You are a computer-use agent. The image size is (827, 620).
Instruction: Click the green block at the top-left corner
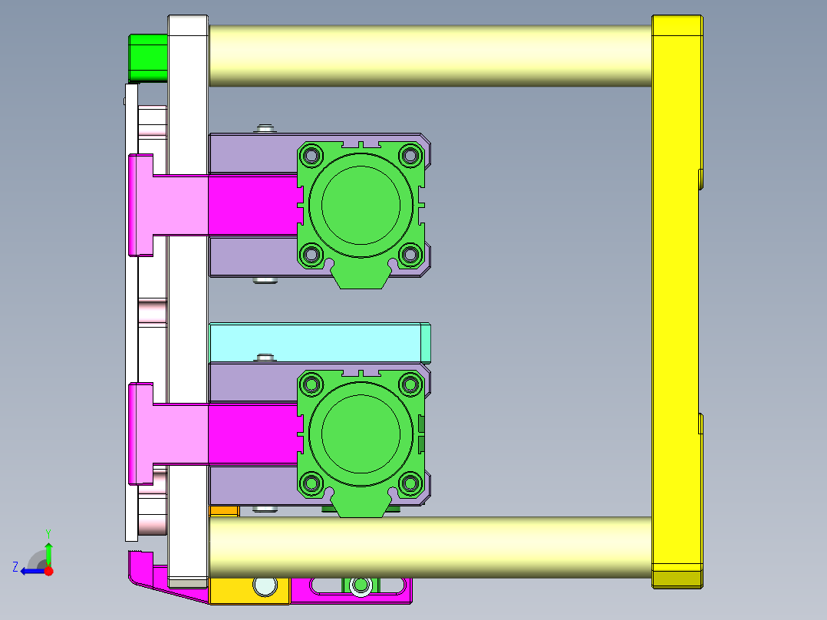[x=148, y=58]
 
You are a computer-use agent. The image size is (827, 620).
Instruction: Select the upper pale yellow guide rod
[x=430, y=55]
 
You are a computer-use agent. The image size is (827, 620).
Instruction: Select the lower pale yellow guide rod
[x=430, y=546]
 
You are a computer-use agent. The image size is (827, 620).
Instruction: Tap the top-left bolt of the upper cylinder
[x=311, y=156]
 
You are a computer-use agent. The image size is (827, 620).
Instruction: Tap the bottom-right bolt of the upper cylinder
[x=411, y=253]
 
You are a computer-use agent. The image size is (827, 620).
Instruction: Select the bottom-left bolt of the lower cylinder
[x=311, y=483]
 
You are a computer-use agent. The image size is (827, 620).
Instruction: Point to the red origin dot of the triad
[x=48, y=571]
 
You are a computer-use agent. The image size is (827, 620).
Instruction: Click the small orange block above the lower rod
[x=224, y=511]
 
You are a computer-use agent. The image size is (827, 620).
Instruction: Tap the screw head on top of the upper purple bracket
[x=265, y=127]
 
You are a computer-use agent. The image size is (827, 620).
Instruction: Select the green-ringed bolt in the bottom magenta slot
[x=359, y=587]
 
